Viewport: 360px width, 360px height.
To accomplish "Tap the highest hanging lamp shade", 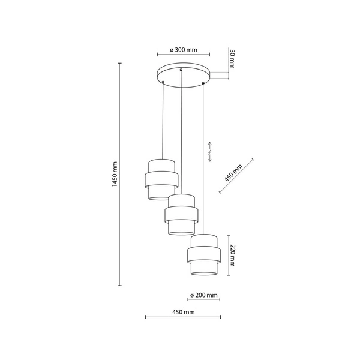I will (160, 179).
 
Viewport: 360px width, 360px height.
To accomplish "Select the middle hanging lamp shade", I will (180, 214).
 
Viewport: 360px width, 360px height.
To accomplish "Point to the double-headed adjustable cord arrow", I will (209, 152).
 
